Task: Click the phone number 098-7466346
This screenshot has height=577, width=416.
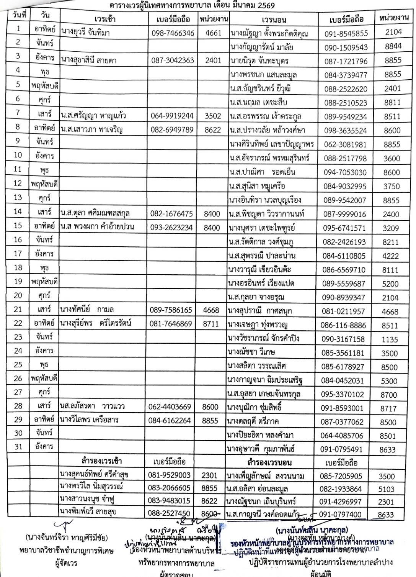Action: [x=173, y=33]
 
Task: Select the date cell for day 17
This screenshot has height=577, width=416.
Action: [x=18, y=253]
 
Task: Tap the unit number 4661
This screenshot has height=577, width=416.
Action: [x=213, y=33]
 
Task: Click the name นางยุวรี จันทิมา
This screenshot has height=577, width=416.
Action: [x=85, y=33]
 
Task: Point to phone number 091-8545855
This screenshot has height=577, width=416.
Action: [x=346, y=33]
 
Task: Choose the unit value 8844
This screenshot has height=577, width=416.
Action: [x=393, y=46]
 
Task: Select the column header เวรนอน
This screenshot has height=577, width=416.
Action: [x=274, y=20]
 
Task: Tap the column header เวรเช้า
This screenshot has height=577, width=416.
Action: [x=104, y=19]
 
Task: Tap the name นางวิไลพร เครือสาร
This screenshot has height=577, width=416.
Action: [x=89, y=419]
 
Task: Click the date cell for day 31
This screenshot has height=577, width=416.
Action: [x=18, y=446]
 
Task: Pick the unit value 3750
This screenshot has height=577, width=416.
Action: [x=391, y=187]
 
